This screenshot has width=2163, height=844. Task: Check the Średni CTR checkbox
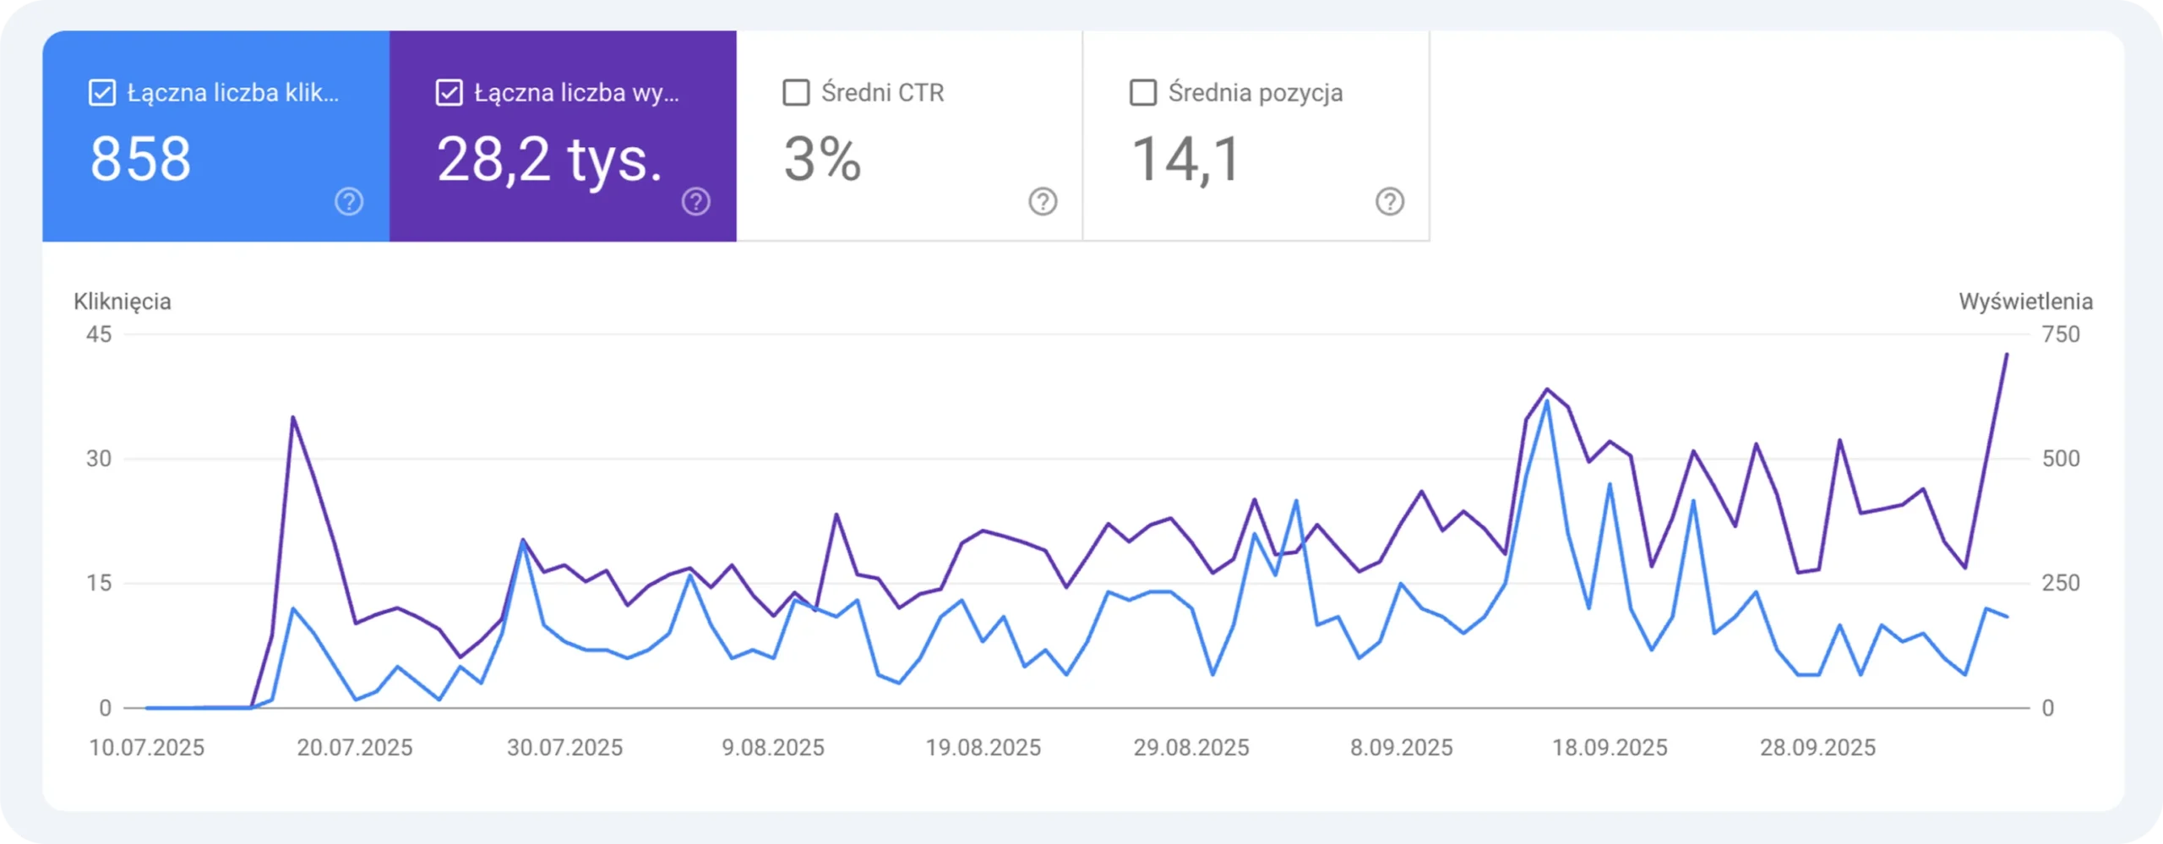(796, 92)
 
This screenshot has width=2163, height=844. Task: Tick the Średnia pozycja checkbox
(1143, 92)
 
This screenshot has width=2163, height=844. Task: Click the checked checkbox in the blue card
(102, 92)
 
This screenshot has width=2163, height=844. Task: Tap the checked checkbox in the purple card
(449, 92)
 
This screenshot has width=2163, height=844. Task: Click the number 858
(140, 159)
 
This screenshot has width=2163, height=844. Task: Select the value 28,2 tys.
(549, 159)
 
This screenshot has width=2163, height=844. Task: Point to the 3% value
(822, 159)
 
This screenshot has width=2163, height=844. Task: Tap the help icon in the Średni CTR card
(1043, 202)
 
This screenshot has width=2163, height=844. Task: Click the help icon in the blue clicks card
(349, 202)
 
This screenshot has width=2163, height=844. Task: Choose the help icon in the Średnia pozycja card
(1390, 202)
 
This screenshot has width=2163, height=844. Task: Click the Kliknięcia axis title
(123, 302)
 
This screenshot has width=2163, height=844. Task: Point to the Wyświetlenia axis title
(2025, 302)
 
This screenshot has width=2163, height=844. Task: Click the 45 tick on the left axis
(99, 335)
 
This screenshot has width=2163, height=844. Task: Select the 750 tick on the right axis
(2061, 335)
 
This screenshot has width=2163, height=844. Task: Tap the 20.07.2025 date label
(355, 748)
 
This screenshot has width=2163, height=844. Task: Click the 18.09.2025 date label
(1610, 748)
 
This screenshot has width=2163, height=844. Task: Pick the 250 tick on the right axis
(2061, 583)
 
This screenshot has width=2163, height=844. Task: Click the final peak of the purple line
(2007, 355)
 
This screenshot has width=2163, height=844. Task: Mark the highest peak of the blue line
(1547, 401)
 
